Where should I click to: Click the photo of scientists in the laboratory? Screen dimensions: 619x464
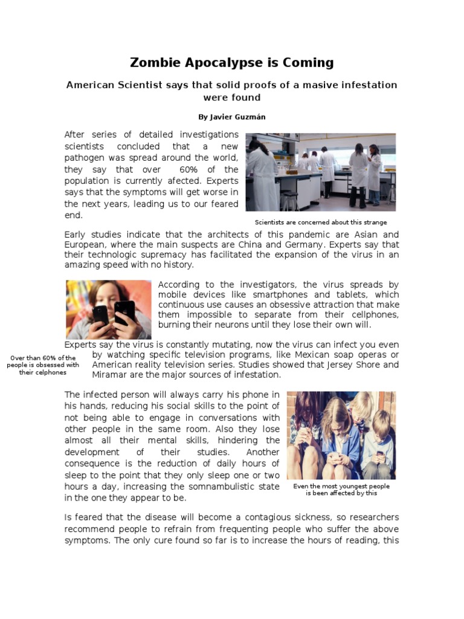[x=320, y=172]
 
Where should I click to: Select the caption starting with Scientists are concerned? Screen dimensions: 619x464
[x=320, y=222]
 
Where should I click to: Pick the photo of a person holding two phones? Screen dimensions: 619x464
[x=109, y=309]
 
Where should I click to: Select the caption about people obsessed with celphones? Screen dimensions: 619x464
[x=42, y=365]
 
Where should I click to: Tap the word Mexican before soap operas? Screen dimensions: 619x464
[x=333, y=354]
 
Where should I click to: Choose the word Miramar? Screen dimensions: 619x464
[x=112, y=375]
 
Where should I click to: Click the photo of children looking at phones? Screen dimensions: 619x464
[x=341, y=435]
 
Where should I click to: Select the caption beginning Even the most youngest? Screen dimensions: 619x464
[x=341, y=490]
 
